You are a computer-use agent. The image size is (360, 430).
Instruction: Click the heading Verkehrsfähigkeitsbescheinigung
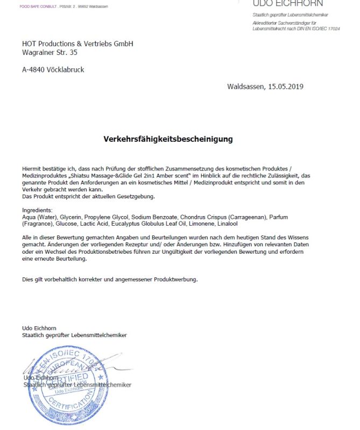[168, 139]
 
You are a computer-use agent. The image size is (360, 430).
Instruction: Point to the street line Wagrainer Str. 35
[50, 53]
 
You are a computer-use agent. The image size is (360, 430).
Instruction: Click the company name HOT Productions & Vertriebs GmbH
[77, 44]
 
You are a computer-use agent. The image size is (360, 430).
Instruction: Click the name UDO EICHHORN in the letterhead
[288, 4]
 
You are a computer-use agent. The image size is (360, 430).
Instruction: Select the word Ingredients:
[37, 210]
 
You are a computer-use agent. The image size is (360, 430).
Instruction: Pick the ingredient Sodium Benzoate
[154, 217]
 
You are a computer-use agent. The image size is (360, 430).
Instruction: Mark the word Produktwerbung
[176, 279]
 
